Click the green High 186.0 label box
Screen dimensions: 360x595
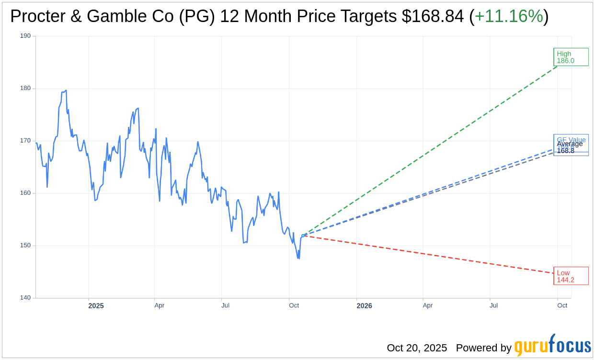point(571,57)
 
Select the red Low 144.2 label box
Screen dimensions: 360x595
point(571,276)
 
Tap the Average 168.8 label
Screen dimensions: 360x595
point(570,147)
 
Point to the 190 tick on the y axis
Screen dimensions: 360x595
point(25,36)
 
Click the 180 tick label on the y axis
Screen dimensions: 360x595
point(25,88)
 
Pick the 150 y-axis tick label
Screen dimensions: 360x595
point(25,246)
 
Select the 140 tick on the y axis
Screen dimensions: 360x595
point(25,298)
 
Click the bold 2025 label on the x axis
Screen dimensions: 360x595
point(96,306)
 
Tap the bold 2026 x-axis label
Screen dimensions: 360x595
point(364,306)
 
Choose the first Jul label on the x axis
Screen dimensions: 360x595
point(225,305)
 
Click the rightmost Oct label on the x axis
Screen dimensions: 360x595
point(562,305)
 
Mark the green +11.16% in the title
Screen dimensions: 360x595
point(509,16)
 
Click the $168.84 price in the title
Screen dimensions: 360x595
point(433,16)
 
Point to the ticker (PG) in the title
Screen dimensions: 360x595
point(196,16)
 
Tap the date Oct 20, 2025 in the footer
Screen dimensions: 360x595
point(417,348)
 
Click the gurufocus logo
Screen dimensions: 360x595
point(552,346)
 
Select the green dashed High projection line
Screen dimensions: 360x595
point(431,150)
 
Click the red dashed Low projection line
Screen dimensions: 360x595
point(431,255)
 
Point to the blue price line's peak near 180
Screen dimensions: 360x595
point(66,90)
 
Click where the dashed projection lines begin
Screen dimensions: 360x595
point(303,235)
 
